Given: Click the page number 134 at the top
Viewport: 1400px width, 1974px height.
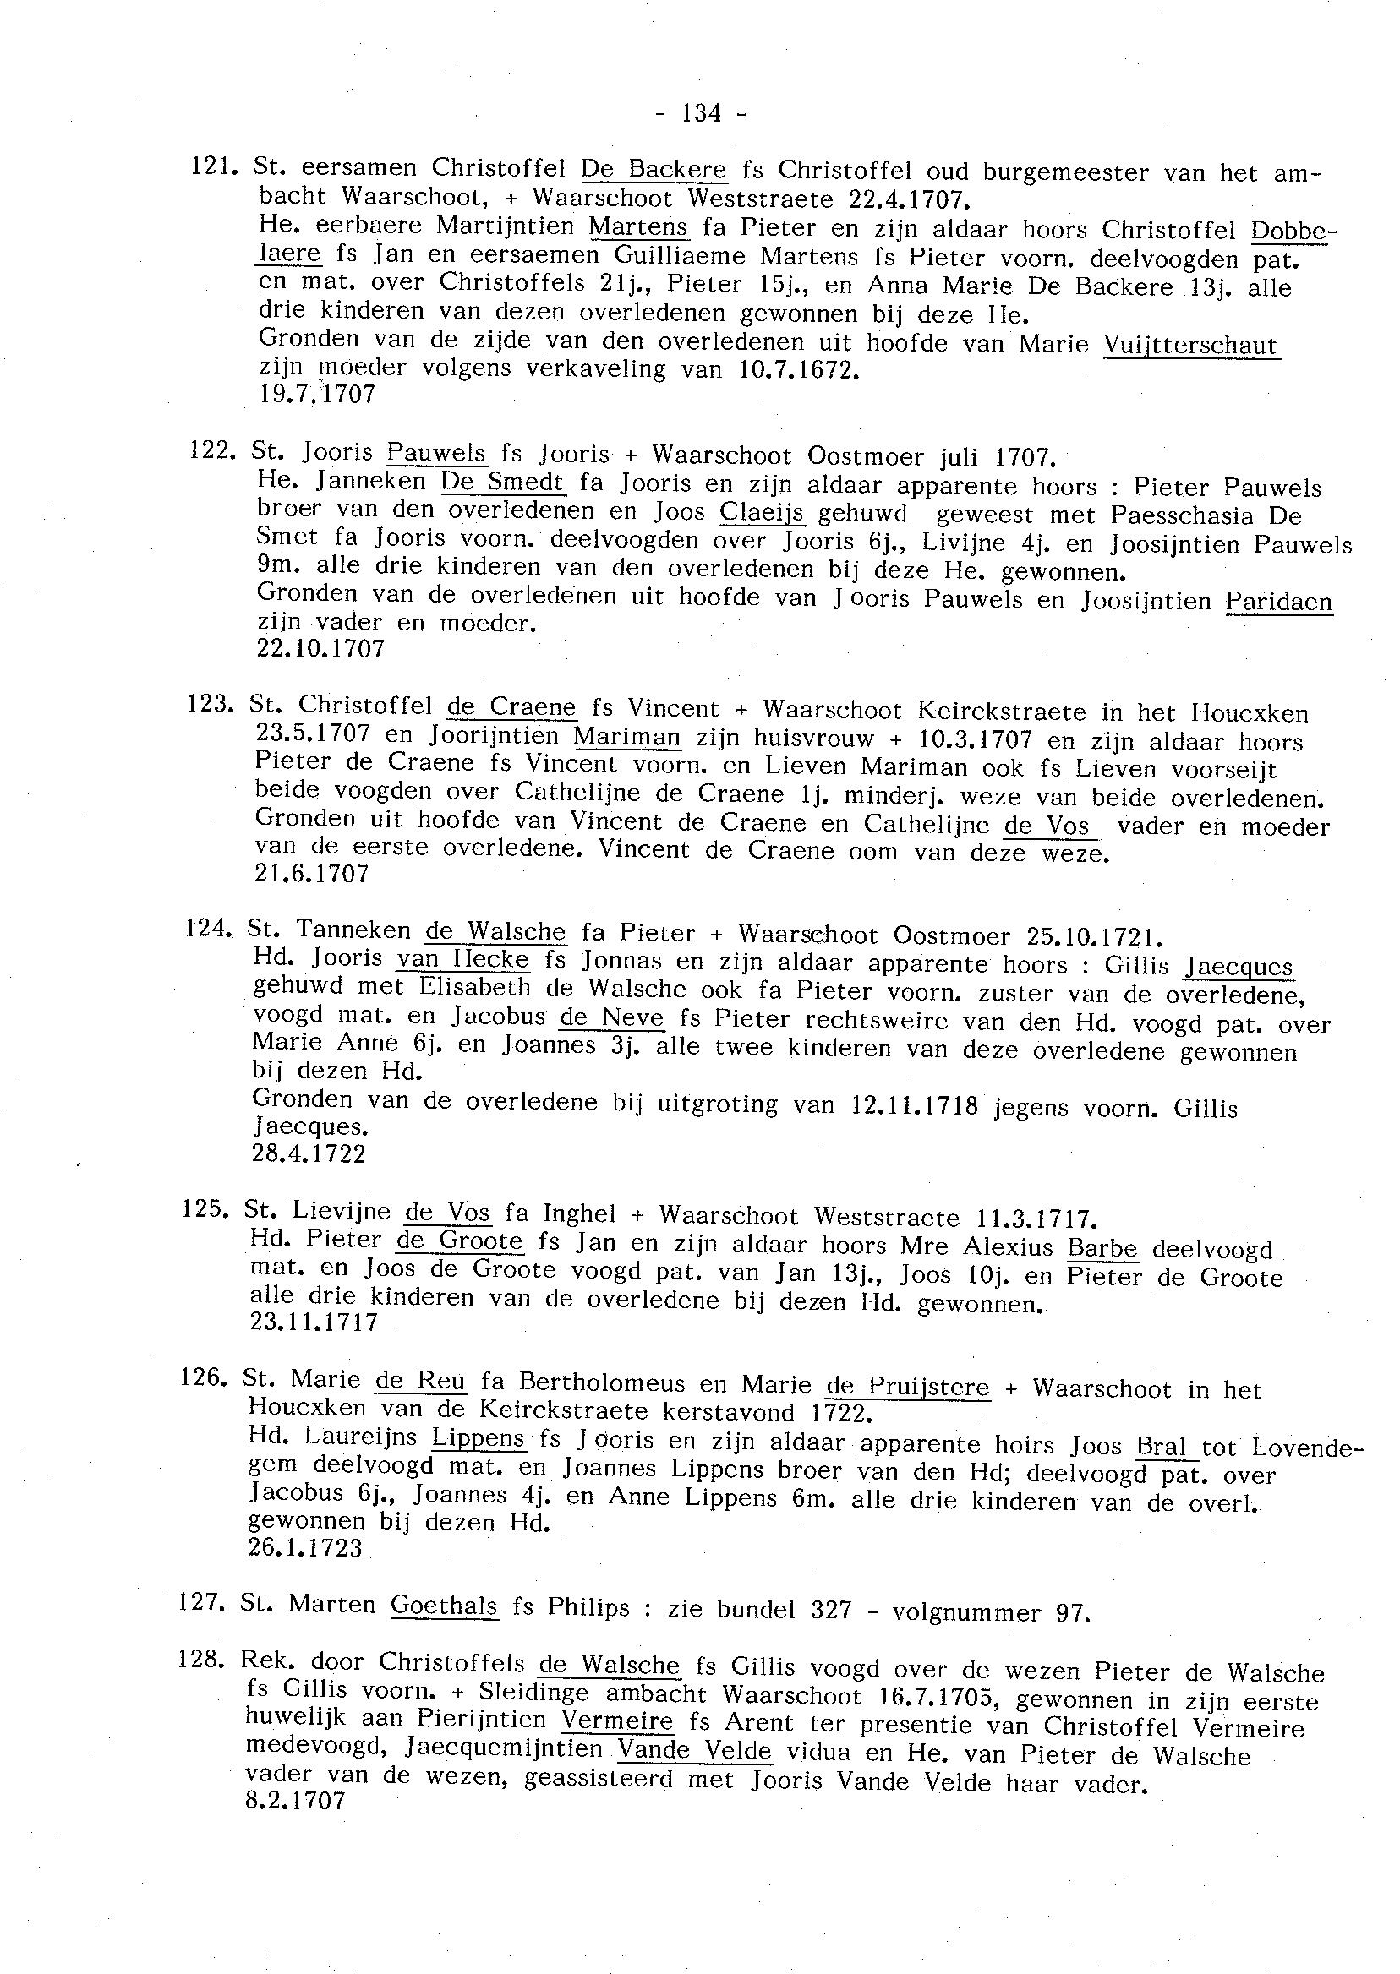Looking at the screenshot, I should tap(701, 113).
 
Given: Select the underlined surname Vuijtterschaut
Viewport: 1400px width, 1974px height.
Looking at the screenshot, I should tap(1190, 346).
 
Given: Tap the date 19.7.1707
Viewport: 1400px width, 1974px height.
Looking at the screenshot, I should tap(316, 395).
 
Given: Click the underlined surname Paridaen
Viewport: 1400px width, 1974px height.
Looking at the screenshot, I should tap(1278, 602).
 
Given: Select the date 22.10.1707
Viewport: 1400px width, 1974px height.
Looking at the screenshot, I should tap(320, 649).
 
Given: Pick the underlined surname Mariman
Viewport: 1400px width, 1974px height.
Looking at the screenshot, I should tap(626, 738).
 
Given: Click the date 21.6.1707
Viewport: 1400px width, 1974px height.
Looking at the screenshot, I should tap(312, 874).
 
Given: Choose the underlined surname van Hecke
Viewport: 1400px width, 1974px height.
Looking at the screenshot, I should tap(463, 959).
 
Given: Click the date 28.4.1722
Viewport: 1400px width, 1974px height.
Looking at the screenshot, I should tap(309, 1153).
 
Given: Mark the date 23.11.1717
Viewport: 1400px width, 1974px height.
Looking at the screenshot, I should tap(314, 1322).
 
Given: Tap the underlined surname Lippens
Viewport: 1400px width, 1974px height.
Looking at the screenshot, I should tap(479, 1438).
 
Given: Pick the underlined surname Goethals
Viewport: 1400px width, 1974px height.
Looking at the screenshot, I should tap(444, 1606).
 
